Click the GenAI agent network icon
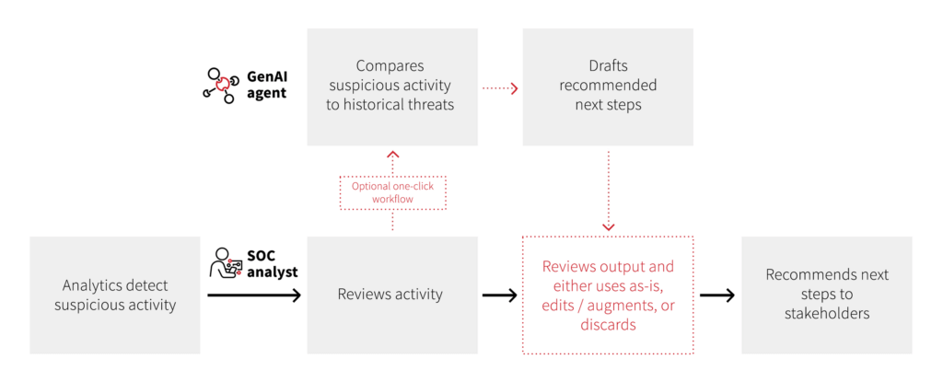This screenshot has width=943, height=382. [220, 84]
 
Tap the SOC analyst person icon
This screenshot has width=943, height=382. [226, 262]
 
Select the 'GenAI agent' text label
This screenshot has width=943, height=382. [268, 85]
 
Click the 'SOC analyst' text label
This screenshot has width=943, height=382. [273, 262]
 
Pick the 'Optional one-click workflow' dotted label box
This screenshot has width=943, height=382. [392, 192]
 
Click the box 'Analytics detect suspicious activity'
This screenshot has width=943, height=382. [115, 295]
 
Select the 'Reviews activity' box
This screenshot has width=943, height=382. [392, 295]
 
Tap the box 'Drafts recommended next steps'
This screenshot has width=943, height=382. [608, 86]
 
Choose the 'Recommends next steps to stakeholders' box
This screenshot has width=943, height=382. [826, 295]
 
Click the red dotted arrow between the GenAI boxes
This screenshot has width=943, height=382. [500, 88]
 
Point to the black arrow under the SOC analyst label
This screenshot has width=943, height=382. [254, 295]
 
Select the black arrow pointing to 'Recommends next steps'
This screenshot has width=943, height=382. [717, 295]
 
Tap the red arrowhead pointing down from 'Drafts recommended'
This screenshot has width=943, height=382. [608, 226]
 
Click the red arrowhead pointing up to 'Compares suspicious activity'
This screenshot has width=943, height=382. [392, 155]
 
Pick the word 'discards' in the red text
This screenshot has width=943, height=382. [608, 325]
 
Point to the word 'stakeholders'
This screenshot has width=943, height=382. [826, 314]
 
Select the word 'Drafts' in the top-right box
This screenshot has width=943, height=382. [609, 66]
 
